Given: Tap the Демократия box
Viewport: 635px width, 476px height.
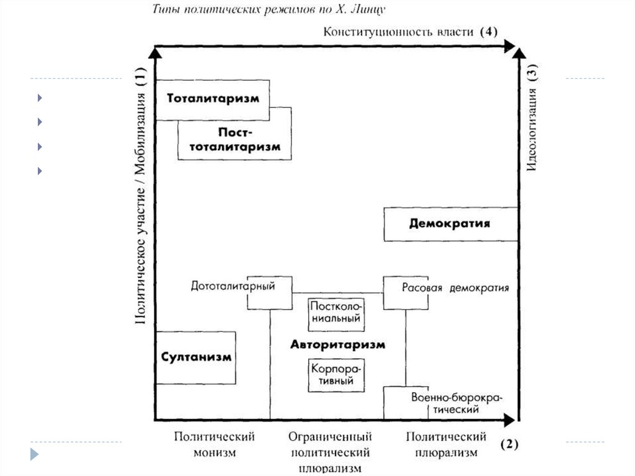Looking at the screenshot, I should (x=450, y=224).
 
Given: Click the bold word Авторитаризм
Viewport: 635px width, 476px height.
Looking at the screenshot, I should (x=337, y=344).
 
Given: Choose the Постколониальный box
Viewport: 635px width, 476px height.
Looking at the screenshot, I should (x=335, y=313).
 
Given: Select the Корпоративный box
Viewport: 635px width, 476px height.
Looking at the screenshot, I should (x=335, y=375).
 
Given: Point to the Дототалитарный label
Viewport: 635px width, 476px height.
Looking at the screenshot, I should (x=233, y=287).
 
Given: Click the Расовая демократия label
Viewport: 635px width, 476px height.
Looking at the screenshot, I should (x=455, y=288).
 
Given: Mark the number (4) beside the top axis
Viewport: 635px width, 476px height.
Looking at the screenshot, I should (x=489, y=32).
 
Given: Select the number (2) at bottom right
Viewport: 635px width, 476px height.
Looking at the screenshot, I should (x=508, y=444).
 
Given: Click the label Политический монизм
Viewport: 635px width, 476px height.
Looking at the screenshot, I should (x=214, y=444).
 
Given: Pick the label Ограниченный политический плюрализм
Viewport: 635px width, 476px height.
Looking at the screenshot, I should (x=330, y=452).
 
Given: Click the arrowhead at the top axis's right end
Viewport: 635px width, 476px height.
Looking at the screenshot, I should (x=510, y=45).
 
